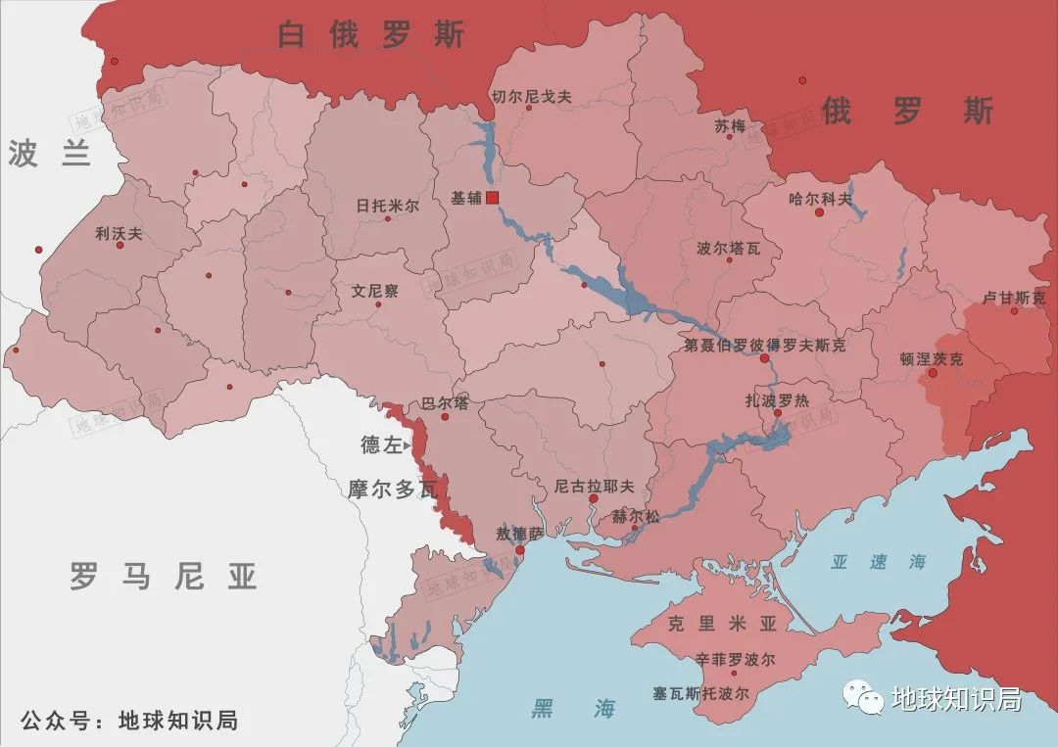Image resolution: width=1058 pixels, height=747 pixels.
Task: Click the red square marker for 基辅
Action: coord(493,198)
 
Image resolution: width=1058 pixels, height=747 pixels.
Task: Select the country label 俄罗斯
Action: coord(907,111)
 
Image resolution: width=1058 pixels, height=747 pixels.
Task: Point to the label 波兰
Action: coord(49,154)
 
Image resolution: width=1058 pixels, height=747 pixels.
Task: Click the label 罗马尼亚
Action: coord(164,577)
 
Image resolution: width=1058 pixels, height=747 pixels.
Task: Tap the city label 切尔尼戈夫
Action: coord(531,96)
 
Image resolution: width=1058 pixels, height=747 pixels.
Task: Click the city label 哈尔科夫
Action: coord(820,198)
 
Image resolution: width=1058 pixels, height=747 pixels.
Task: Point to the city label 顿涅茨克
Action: coord(931,359)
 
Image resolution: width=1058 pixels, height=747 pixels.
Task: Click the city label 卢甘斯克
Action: coord(1014,298)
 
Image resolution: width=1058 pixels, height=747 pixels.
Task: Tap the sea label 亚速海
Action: coord(878,562)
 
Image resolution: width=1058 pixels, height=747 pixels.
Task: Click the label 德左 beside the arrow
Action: coord(381,445)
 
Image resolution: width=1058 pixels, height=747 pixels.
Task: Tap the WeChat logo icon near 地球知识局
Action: coord(864,698)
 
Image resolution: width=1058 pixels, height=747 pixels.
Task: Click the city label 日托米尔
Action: coord(387,206)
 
